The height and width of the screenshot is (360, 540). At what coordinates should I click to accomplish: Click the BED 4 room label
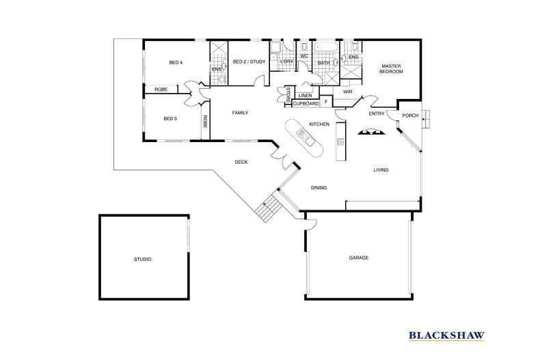point(176,63)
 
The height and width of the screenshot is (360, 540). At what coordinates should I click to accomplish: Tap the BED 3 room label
point(170,118)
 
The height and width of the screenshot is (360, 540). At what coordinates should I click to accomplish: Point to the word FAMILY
point(239,113)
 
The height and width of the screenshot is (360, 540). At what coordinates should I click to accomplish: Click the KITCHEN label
point(319,124)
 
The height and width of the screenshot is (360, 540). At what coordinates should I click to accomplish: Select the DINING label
point(319,187)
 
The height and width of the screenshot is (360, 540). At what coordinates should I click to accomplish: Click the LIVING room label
point(381,170)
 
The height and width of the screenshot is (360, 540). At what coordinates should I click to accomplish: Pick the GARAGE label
point(359,258)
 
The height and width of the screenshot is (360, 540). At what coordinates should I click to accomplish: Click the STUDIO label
point(142,260)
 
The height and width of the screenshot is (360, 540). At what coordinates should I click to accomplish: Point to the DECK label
point(241,162)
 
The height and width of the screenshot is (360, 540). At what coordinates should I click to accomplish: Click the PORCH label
point(410,115)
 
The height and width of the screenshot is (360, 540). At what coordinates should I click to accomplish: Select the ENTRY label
point(376,113)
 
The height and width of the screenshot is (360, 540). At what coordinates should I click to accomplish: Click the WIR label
point(347,91)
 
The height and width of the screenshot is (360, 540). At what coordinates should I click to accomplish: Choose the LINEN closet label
point(305,95)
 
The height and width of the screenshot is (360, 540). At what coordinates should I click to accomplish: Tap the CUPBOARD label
point(306,103)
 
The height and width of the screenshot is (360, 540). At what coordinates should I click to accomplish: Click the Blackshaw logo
point(446,335)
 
